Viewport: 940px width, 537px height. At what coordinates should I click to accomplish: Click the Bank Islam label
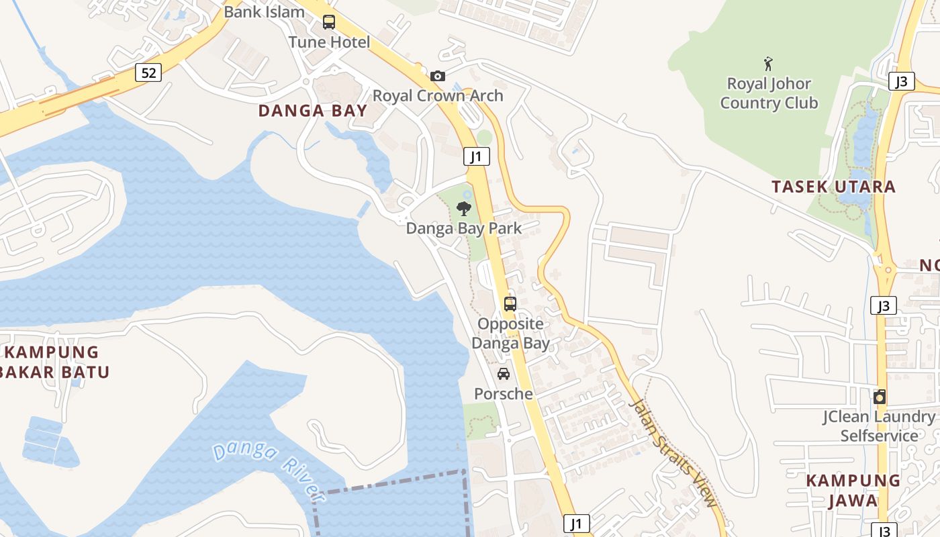coord(264,11)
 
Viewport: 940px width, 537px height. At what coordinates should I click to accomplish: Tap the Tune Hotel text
coord(329,42)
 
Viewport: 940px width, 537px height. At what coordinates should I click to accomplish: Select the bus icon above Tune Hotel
coord(329,21)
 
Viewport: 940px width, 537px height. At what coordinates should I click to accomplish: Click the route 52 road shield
coord(148,72)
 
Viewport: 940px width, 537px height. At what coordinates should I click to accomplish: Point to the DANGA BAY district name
coord(313,111)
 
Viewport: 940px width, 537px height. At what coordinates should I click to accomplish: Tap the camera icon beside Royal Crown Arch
coord(438,76)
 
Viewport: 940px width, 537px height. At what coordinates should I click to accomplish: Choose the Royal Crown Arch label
coord(438,95)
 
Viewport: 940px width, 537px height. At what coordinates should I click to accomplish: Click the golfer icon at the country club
coord(768,64)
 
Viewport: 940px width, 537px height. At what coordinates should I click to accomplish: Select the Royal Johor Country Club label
coord(769,93)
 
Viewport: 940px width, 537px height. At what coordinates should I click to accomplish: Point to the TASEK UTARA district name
coord(833,187)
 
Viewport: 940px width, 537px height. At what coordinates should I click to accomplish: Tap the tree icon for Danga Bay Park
coord(463,209)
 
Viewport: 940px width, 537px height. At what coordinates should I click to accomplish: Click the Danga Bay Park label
coord(463,228)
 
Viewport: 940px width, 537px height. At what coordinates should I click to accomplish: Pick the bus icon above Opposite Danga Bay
coord(510,303)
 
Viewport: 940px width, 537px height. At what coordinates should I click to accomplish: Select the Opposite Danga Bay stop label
coord(510,333)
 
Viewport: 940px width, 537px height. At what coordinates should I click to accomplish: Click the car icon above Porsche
coord(504,374)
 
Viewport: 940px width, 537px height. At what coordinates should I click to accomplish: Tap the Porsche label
coord(504,393)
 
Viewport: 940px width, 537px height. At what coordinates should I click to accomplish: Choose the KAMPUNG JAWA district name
coord(853,490)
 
